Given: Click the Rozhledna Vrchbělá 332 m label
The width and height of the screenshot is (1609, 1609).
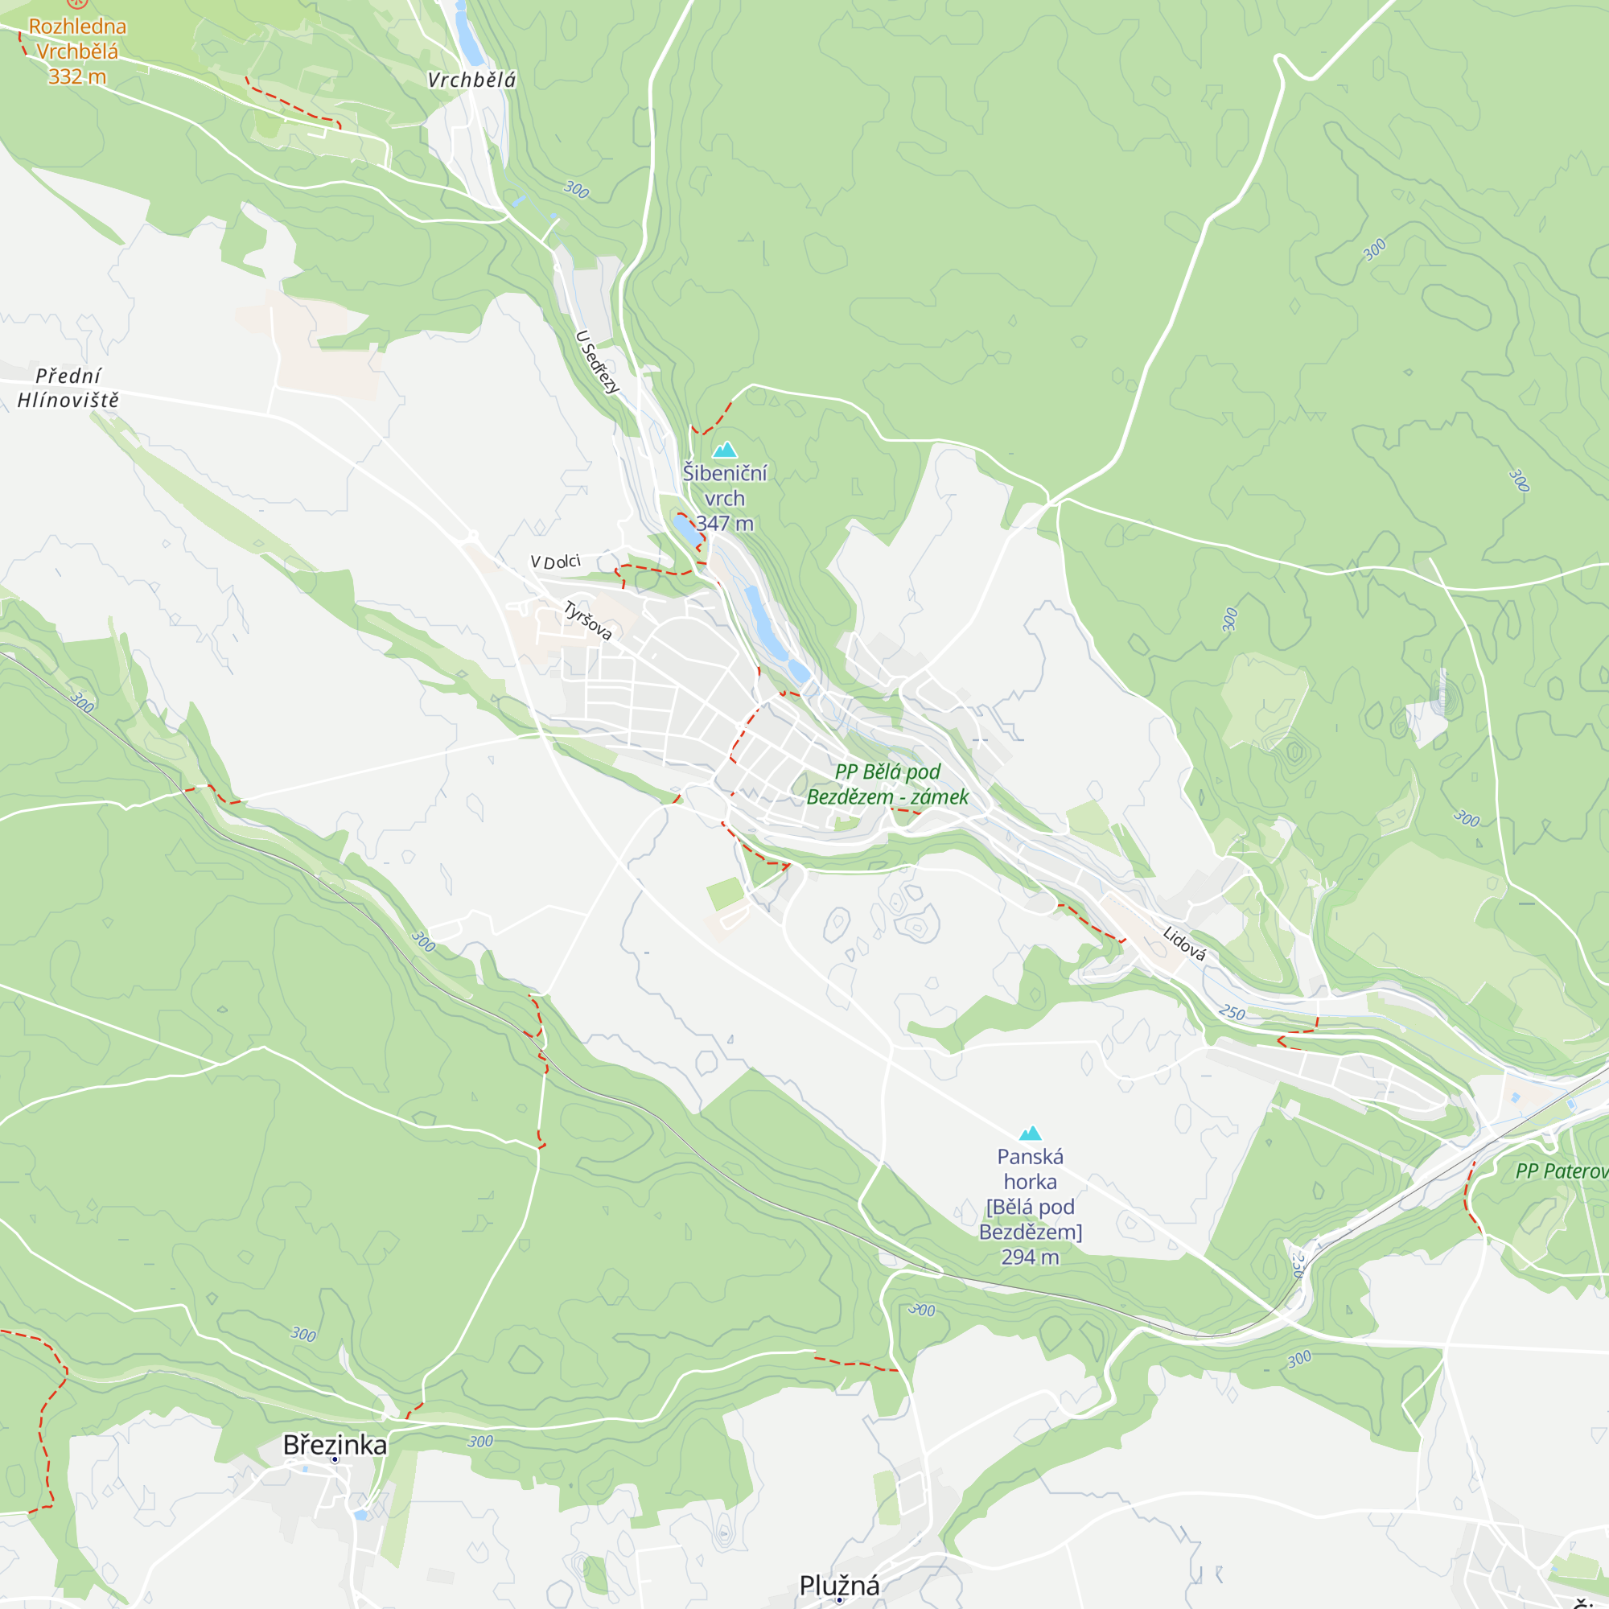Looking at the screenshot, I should [x=76, y=51].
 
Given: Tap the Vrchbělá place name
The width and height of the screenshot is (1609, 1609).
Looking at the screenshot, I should [x=471, y=80].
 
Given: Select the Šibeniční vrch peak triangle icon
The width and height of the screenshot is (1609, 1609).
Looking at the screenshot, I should [x=725, y=450].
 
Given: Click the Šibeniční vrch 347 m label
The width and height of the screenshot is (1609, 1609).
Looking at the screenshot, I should [x=725, y=498].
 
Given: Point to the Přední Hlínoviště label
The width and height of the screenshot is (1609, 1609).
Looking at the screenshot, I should [x=68, y=388].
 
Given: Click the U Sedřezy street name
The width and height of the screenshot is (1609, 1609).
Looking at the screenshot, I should [x=598, y=362].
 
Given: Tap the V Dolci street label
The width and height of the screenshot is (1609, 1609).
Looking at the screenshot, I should [x=555, y=562].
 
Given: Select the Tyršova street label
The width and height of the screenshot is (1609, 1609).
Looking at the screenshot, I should [x=588, y=621].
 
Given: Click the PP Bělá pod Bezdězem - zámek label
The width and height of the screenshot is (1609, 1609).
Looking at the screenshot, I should [x=888, y=784].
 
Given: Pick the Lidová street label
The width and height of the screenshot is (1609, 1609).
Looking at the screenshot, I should [x=1183, y=944].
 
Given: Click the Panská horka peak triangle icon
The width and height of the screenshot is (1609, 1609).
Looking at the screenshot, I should [x=1031, y=1134].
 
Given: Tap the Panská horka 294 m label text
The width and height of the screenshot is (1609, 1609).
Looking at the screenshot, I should [x=1031, y=1206].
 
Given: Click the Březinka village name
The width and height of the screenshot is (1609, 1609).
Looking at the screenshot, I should [x=335, y=1445].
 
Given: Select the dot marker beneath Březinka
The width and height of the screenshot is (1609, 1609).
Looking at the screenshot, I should [x=335, y=1460].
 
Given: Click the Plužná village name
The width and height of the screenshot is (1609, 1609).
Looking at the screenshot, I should [x=839, y=1585].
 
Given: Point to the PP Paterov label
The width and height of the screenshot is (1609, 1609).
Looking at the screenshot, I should [x=1562, y=1171].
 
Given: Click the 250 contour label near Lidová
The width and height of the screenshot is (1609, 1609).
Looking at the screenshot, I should [x=1232, y=1013].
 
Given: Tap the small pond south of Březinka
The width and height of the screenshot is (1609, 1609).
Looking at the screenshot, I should [x=360, y=1515].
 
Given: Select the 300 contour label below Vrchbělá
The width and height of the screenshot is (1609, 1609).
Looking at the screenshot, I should [x=576, y=190].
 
